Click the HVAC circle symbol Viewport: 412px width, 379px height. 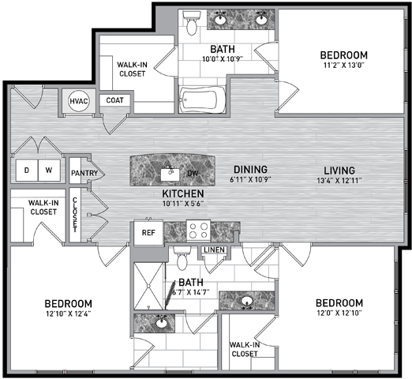[x=78, y=101]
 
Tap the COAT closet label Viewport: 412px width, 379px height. [x=114, y=100]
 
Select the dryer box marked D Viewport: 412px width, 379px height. [x=27, y=171]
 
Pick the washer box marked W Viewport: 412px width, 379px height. [x=49, y=171]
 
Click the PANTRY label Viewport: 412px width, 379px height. [x=84, y=173]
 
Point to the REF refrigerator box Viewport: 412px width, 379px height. [x=148, y=233]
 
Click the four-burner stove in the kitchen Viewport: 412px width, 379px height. [x=199, y=231]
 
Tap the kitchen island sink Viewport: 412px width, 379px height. [x=170, y=174]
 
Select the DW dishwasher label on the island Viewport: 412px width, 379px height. [x=193, y=173]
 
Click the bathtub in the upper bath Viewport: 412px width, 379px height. [x=202, y=99]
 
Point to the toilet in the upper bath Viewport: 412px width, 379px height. [x=192, y=23]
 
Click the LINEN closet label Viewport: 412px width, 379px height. [x=215, y=250]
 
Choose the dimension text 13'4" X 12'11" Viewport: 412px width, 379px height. [x=339, y=181]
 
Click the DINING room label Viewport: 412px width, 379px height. [x=250, y=169]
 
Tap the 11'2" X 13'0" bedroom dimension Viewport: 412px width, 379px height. [x=343, y=65]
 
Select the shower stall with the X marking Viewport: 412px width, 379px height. [x=149, y=286]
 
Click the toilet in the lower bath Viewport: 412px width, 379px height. [x=182, y=258]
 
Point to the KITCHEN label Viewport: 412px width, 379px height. [x=183, y=193]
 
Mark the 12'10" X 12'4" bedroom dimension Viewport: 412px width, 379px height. [x=69, y=313]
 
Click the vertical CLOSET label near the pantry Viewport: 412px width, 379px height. [x=75, y=215]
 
